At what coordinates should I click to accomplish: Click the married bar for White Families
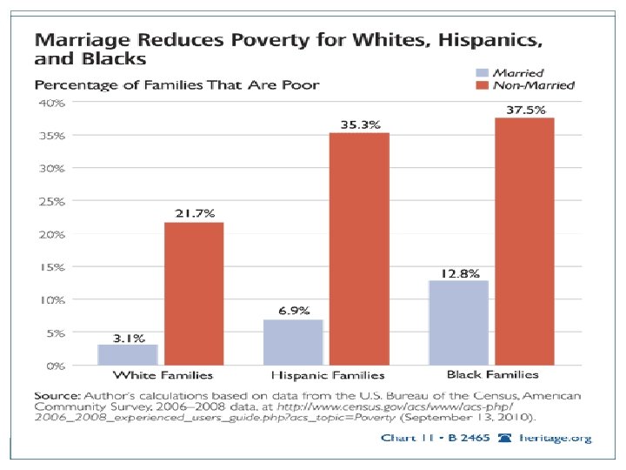(x=128, y=354)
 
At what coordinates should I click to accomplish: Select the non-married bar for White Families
(x=194, y=293)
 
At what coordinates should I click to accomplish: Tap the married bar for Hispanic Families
(x=293, y=342)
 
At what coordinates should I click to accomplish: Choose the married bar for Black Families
(x=458, y=322)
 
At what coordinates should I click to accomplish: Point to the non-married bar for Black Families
(x=524, y=241)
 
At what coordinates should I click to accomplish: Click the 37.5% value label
(x=526, y=110)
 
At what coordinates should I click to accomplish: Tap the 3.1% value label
(x=128, y=337)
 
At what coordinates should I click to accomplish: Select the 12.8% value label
(x=459, y=273)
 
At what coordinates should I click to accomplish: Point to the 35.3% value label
(x=359, y=124)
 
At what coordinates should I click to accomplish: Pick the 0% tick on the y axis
(x=50, y=366)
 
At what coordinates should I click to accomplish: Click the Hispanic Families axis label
(x=328, y=376)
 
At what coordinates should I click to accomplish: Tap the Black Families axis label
(x=492, y=375)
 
